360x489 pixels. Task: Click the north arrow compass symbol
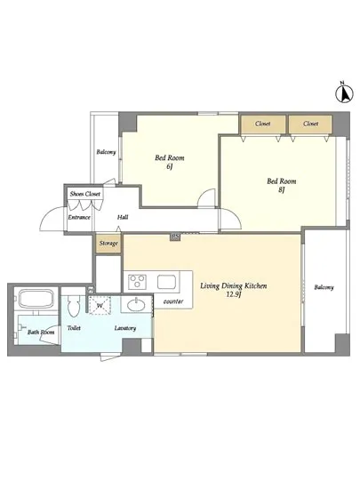[344, 93]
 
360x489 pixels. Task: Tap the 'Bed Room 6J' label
[169, 162]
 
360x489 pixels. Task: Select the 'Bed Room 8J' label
[281, 185]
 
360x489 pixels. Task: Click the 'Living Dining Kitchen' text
[233, 285]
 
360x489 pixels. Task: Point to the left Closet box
[263, 124]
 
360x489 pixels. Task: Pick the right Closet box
[310, 124]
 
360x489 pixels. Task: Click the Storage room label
[108, 243]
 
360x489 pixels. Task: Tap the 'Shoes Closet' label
[85, 194]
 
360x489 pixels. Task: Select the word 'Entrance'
[79, 217]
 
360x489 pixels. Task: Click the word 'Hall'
[123, 217]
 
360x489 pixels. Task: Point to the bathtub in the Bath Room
[36, 299]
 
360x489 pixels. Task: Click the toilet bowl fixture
[74, 306]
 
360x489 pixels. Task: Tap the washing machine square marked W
[100, 305]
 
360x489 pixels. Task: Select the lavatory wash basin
[136, 305]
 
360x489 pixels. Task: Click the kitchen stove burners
[138, 281]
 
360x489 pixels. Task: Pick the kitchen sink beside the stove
[167, 282]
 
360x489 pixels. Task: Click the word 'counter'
[173, 301]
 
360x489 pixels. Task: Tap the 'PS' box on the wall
[175, 236]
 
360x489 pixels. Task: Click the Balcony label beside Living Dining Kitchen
[324, 287]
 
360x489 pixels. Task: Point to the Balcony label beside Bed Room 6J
[106, 152]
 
